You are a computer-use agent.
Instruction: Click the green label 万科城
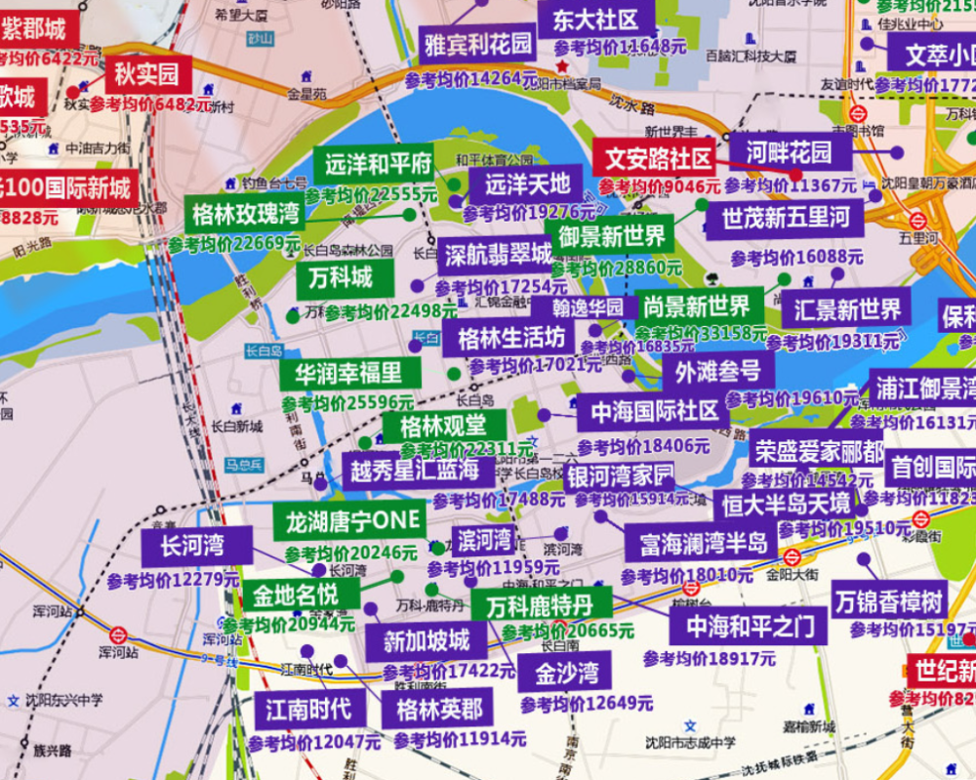[342, 278]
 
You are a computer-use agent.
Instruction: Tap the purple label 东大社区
[595, 20]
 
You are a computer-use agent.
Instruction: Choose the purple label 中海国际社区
[653, 411]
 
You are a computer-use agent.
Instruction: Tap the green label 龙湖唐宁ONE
[348, 520]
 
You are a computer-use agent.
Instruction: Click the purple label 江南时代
[309, 709]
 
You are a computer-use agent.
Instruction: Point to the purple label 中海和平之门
[742, 625]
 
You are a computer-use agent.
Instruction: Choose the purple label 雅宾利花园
[478, 43]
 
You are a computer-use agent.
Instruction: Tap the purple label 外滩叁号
[717, 371]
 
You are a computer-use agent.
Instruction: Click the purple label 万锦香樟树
[888, 599]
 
